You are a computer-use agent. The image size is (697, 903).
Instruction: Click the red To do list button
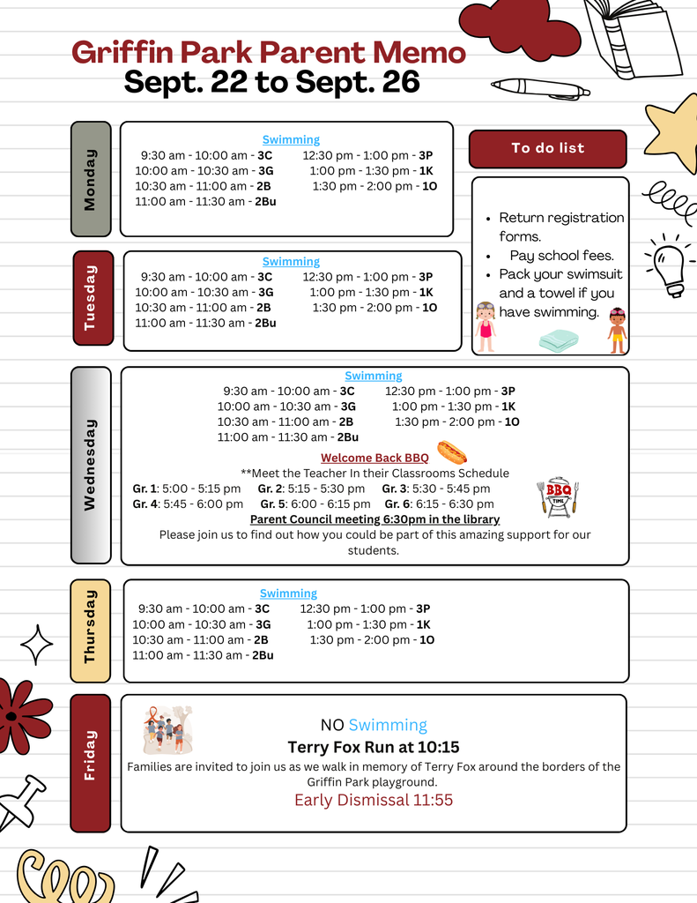tap(547, 148)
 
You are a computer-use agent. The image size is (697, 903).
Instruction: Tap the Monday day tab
tap(91, 179)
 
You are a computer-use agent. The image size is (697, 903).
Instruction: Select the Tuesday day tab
tap(93, 297)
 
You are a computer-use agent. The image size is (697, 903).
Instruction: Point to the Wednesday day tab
tap(91, 465)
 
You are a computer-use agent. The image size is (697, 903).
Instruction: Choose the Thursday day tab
tap(90, 631)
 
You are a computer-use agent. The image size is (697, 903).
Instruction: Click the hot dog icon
tap(452, 453)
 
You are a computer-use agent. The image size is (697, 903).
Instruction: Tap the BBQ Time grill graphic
tap(558, 497)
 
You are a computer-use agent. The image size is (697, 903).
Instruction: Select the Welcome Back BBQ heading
tap(374, 458)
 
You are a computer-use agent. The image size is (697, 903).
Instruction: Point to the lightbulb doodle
tap(669, 265)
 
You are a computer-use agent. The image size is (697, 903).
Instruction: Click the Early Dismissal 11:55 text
tap(374, 800)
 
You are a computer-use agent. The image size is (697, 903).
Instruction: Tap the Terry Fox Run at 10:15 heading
tap(374, 747)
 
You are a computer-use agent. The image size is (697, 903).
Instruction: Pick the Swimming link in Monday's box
tap(291, 139)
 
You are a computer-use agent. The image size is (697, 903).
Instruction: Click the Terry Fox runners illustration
tap(167, 728)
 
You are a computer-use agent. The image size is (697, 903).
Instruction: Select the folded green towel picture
tap(559, 340)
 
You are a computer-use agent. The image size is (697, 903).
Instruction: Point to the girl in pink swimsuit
tap(485, 326)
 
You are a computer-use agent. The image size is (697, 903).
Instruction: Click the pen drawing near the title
tap(540, 88)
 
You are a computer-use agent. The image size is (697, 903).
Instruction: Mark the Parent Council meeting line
tap(374, 519)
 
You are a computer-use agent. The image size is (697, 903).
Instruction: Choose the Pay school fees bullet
tap(561, 256)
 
